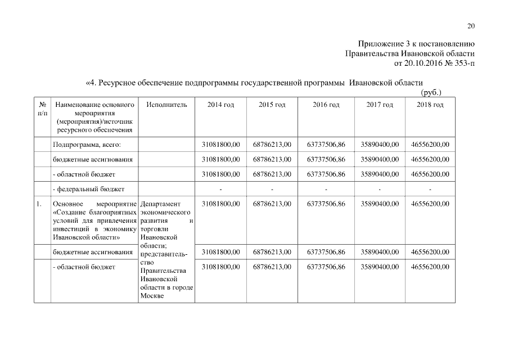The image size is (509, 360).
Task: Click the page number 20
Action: pos(471,26)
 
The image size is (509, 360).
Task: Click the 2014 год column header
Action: pos(220,105)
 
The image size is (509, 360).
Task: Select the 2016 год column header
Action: pos(326,105)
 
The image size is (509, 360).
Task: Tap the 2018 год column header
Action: pos(430,105)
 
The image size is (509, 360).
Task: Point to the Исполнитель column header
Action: pos(166,105)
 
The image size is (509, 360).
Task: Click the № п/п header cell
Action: pos(42,109)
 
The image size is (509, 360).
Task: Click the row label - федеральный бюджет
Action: pos(88,188)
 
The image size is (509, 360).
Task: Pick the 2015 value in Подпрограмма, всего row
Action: pos(272,145)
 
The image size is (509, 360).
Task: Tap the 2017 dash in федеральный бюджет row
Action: pos(379,189)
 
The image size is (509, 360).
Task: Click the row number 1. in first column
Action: pos(39,204)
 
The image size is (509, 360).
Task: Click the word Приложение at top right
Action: pos(378,44)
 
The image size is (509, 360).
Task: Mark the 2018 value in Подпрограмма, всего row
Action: pos(430,145)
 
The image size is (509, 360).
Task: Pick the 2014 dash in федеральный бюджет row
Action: pos(220,189)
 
